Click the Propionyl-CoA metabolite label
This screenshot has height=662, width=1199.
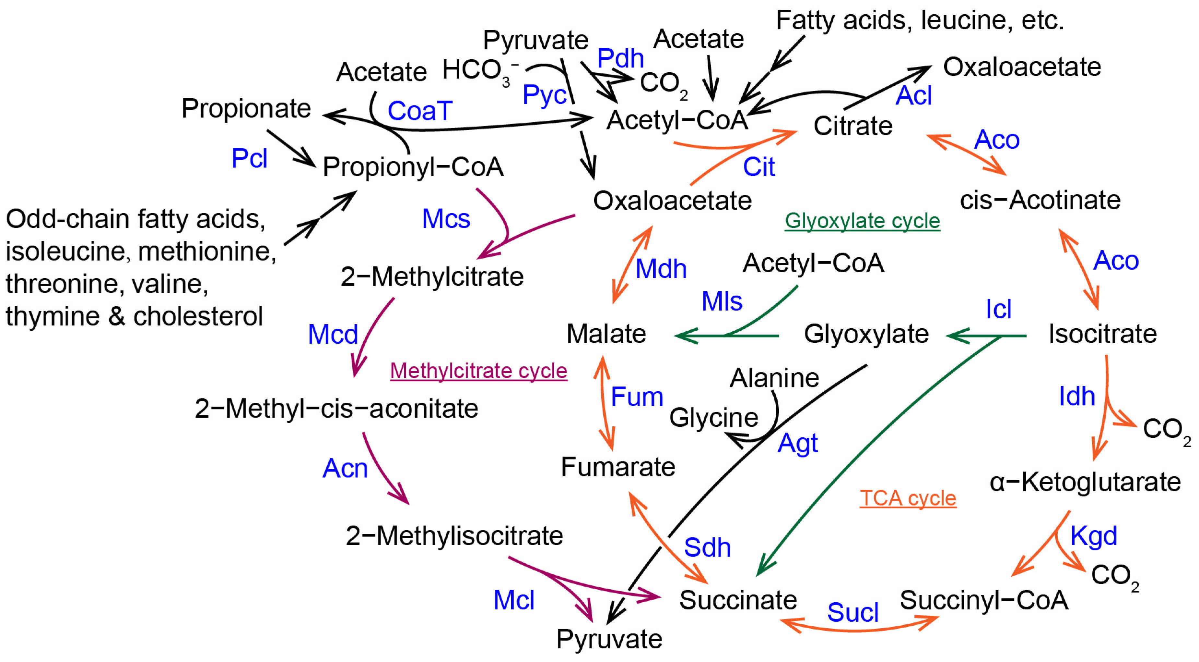coord(413,167)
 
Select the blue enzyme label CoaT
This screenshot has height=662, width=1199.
coord(419,111)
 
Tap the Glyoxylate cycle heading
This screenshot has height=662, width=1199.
coord(862,221)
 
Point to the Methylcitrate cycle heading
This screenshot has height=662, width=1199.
coord(478,371)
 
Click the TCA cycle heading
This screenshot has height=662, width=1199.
coord(908,498)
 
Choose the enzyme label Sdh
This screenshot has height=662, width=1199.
coord(707,547)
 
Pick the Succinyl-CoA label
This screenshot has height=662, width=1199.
coord(983,600)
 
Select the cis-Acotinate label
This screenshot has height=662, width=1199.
coord(1040,200)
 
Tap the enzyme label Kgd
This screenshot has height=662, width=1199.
coord(1093,536)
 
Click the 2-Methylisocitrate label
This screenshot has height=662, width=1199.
coord(454,536)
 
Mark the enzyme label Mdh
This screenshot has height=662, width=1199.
coord(661,269)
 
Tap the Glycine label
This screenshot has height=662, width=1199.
coord(713,417)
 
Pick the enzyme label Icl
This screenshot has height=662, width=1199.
coord(998,309)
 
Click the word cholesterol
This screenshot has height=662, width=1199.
coord(198,316)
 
